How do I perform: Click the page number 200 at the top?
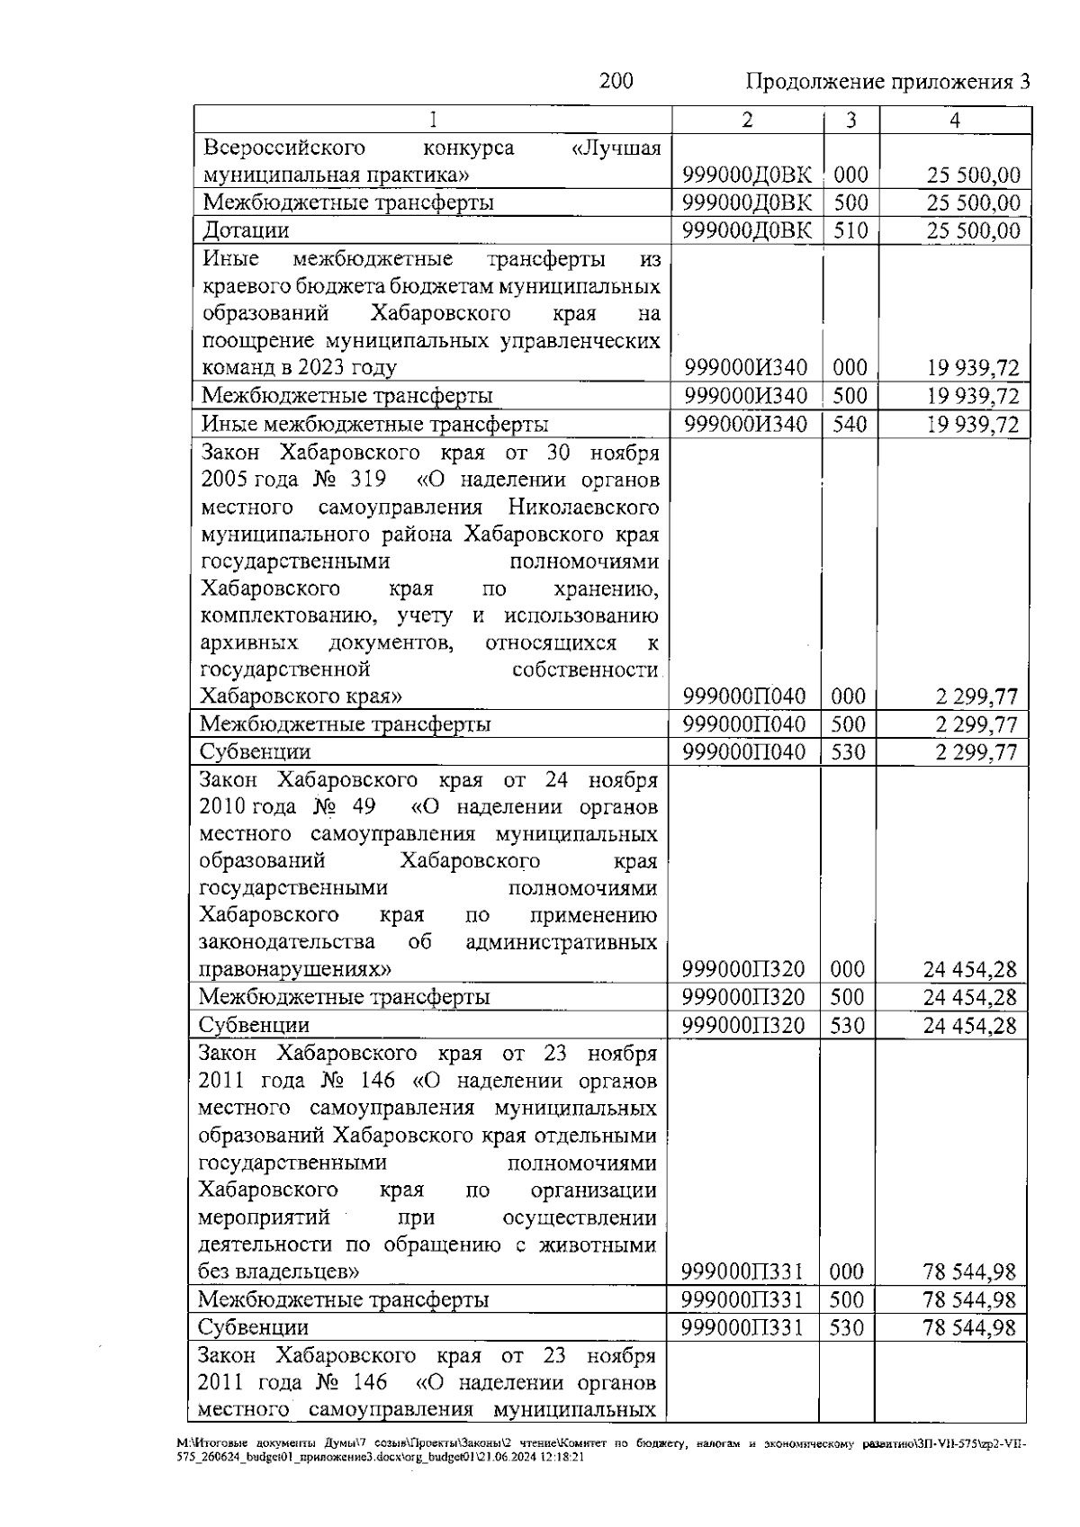[616, 82]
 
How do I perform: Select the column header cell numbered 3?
[850, 121]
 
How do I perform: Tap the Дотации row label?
[246, 231]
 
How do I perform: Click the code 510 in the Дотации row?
[850, 231]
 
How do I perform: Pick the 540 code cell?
[850, 424]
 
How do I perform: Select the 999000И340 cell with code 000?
[746, 368]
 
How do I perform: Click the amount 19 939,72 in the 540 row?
[974, 424]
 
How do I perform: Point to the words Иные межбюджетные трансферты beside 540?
[374, 424]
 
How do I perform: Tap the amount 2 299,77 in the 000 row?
[976, 696]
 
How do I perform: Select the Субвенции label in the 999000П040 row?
[255, 752]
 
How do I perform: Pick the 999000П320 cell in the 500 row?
[744, 997]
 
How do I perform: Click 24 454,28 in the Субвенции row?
[970, 1025]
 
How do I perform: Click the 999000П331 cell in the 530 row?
[743, 1327]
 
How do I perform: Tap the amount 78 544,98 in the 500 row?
[969, 1299]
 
